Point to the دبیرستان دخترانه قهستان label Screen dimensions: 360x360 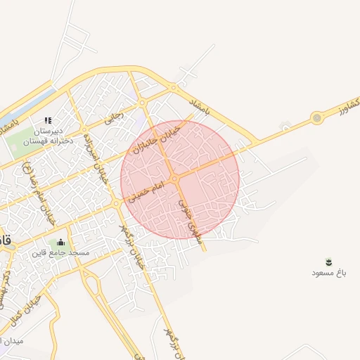click(x=46, y=136)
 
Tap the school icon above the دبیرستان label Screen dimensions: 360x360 click(x=48, y=122)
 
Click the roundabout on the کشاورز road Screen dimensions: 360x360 click(x=317, y=117)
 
